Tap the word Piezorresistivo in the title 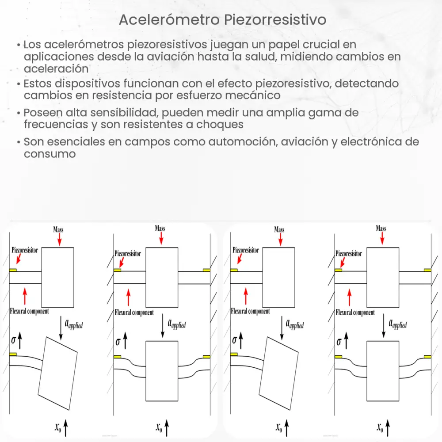[274, 20]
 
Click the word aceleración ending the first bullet [56, 69]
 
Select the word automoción [209, 142]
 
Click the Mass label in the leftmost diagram [58, 229]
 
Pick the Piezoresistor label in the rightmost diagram [349, 254]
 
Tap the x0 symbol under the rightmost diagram [380, 427]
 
